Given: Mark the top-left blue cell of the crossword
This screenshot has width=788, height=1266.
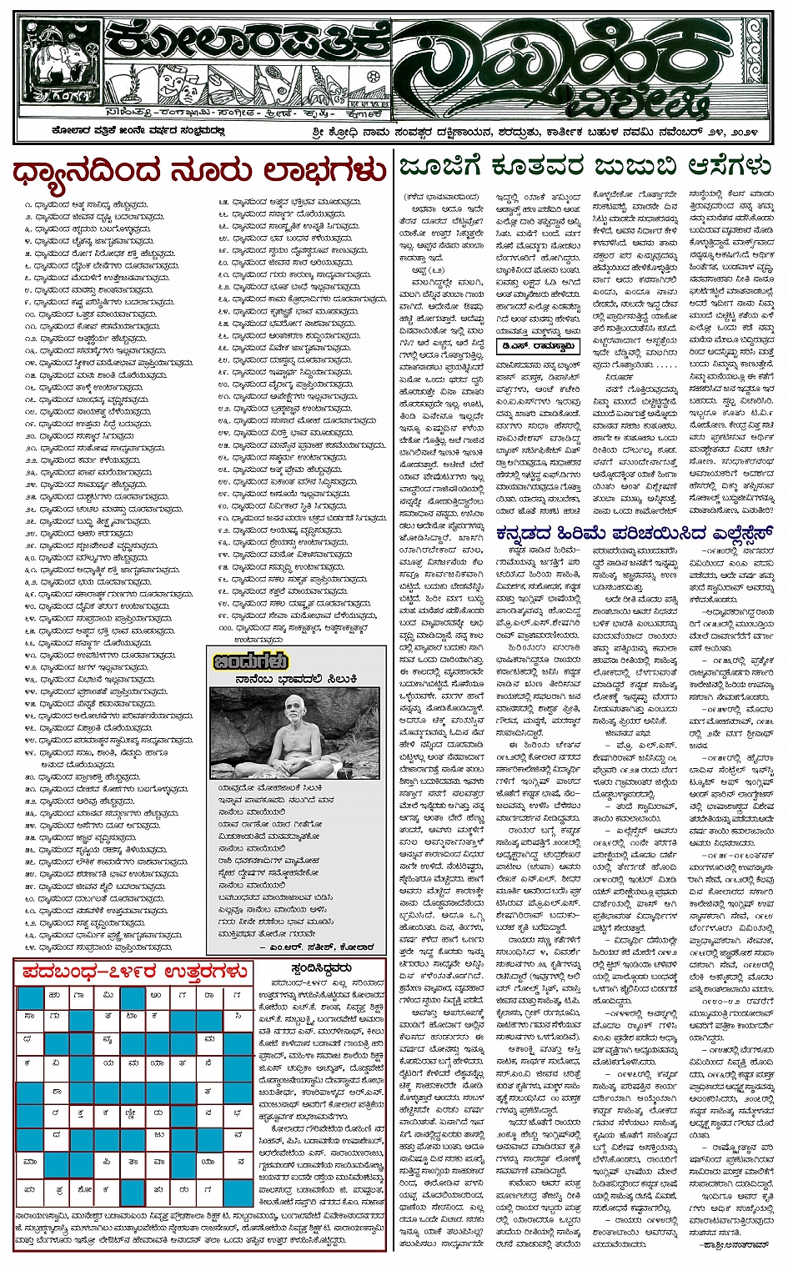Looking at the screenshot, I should click(x=30, y=996).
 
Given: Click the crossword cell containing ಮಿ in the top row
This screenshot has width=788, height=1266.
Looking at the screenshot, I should click(x=108, y=994).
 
